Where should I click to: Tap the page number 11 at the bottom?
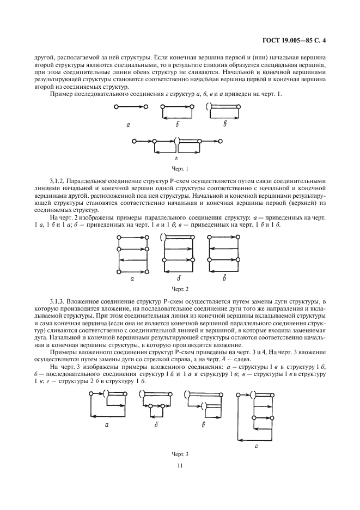click(179, 465)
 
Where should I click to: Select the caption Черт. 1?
click(180, 168)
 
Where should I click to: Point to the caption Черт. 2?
click(180, 288)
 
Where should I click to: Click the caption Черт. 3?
click(180, 453)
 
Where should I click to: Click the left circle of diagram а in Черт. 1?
click(117, 107)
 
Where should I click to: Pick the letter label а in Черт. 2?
click(132, 278)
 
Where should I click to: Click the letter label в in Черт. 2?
click(224, 278)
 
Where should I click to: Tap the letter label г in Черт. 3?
click(256, 445)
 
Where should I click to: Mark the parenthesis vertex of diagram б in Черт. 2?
click(162, 237)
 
